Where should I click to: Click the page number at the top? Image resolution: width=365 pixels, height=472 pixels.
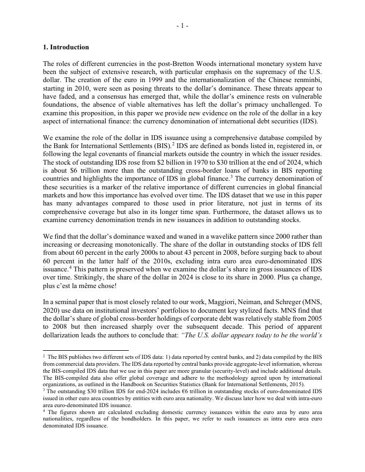[x=182, y=26]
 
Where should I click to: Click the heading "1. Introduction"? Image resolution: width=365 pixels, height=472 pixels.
[x=66, y=47]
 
